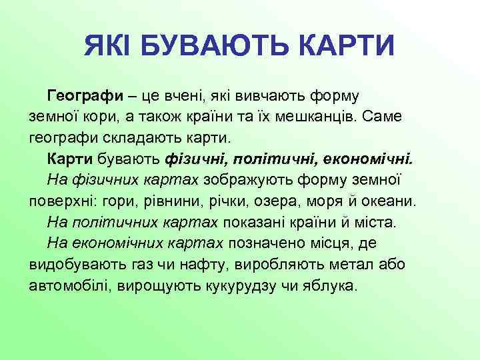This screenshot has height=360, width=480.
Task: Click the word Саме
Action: coord(382,117)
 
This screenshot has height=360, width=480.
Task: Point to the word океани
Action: coord(393,201)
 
